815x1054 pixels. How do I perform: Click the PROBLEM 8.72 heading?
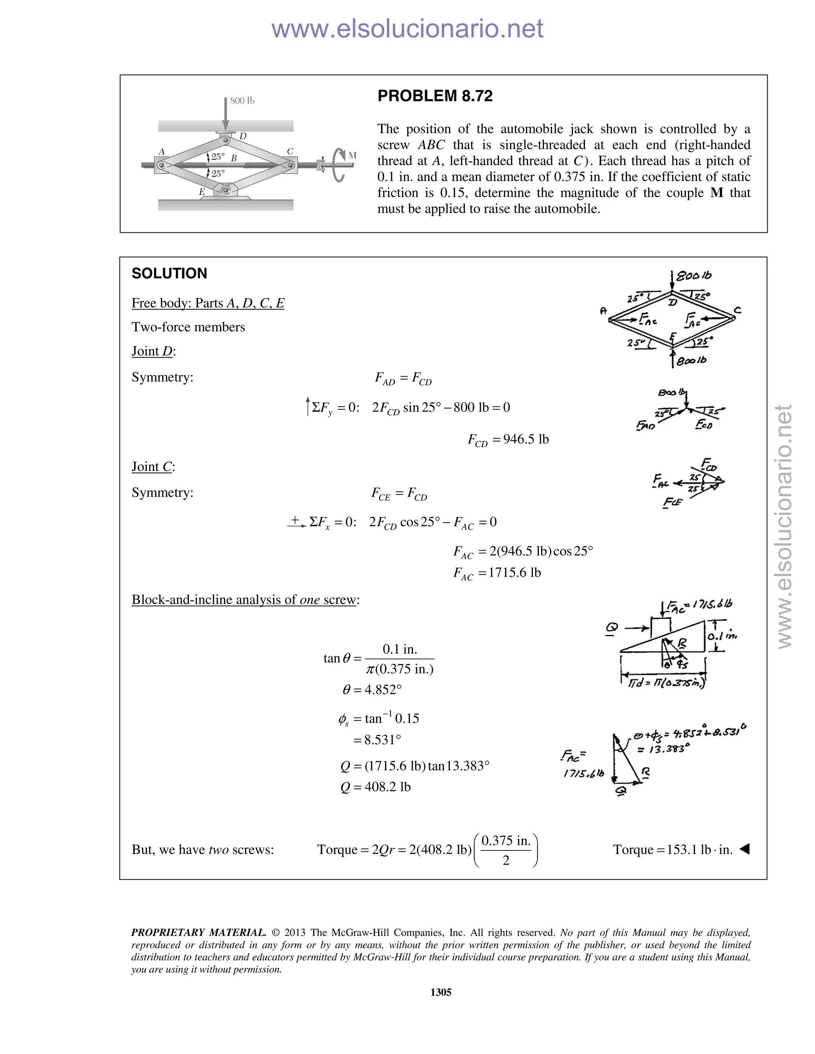(x=435, y=96)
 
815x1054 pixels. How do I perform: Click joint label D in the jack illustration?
(x=243, y=136)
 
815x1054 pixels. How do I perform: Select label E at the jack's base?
(x=202, y=192)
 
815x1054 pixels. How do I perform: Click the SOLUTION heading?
(x=169, y=274)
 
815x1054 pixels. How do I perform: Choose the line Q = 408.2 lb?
(x=375, y=787)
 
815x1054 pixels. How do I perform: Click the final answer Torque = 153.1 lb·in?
(x=673, y=850)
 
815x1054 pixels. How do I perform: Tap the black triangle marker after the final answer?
(x=745, y=848)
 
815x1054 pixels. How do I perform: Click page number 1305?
(x=441, y=992)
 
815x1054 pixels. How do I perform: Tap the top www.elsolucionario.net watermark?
(x=407, y=29)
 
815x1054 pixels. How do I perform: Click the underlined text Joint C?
(x=152, y=467)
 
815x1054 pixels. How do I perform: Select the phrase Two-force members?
(x=188, y=327)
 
